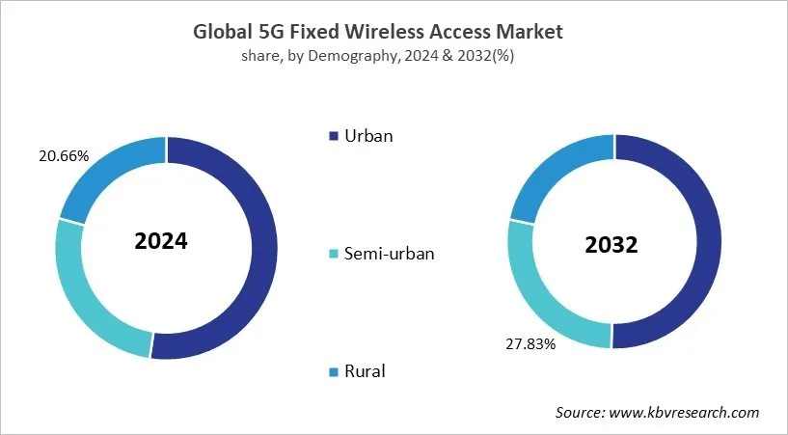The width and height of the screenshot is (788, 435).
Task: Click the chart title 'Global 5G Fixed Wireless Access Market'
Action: pos(394,32)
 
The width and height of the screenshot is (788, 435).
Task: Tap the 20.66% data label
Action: pos(35,154)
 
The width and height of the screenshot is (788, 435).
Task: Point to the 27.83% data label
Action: pos(531,343)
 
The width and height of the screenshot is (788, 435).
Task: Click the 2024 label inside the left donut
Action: pos(161,241)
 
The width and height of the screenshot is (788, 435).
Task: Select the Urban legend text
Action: pos(369,135)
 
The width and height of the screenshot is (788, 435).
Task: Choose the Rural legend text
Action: pos(367,370)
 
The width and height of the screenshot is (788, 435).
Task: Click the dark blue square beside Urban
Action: pos(334,136)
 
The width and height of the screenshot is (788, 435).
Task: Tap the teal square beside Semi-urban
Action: pos(334,254)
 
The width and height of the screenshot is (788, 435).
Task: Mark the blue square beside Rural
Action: pos(334,371)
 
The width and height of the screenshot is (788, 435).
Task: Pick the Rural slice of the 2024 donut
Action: pos(106,174)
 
